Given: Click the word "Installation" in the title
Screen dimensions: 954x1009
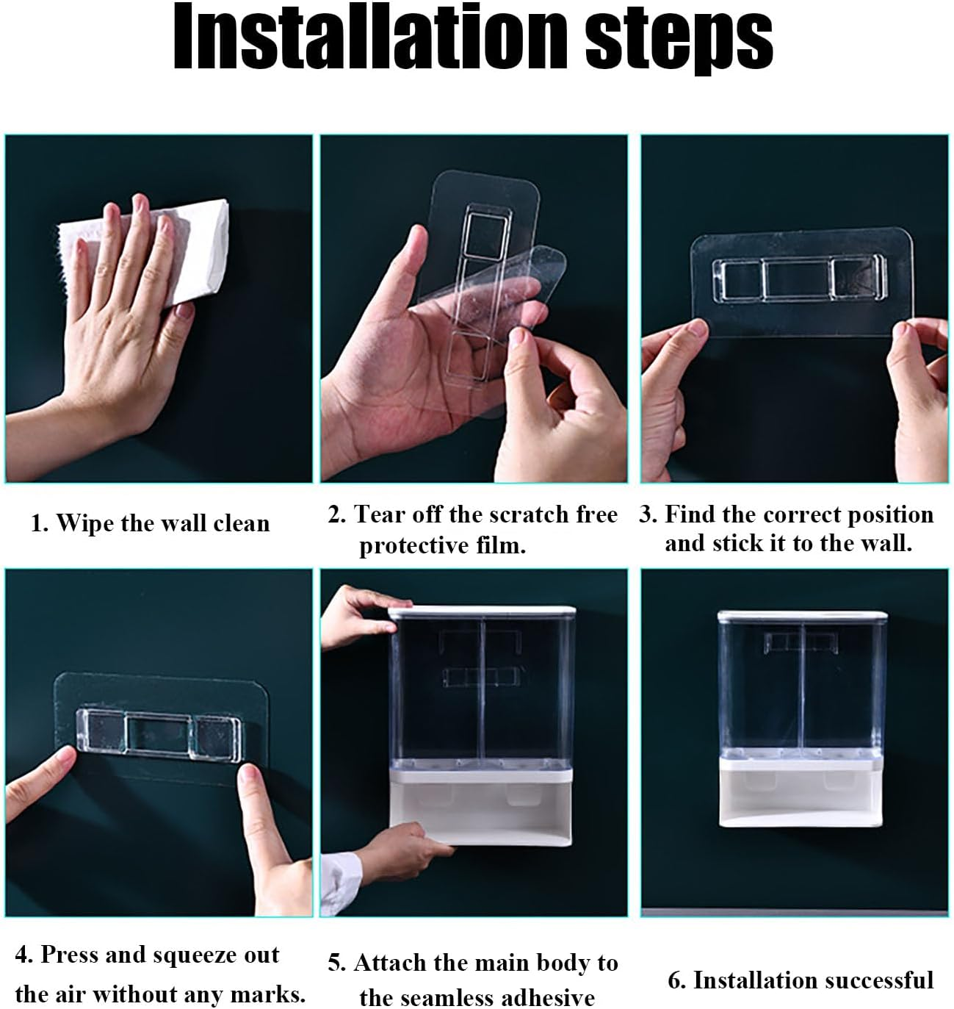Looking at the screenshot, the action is (370, 37).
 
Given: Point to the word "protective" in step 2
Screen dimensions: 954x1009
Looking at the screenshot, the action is (413, 545).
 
